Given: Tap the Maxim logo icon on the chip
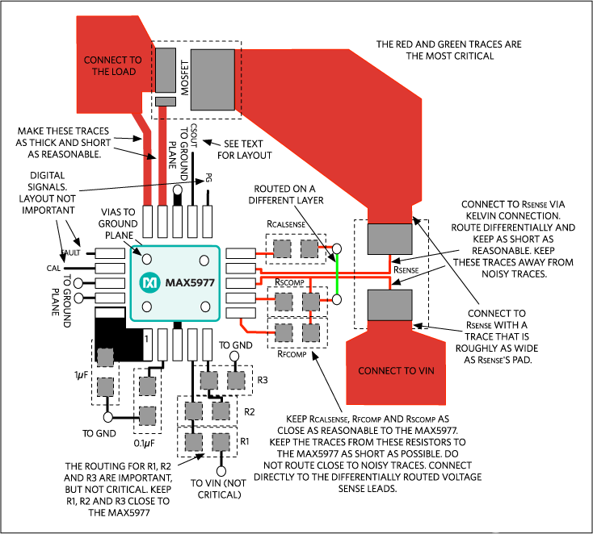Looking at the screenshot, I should (149, 283).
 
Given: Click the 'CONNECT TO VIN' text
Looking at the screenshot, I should (395, 371).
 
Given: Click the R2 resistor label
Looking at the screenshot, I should (249, 411).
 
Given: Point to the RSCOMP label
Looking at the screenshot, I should (289, 283).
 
